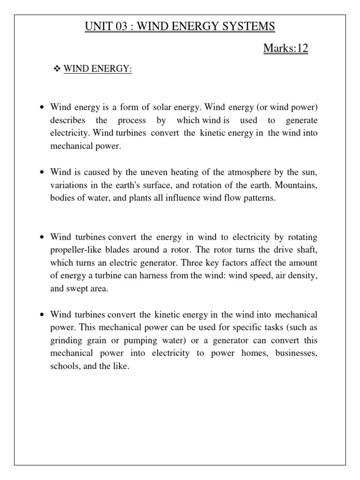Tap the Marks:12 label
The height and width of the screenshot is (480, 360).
[286, 48]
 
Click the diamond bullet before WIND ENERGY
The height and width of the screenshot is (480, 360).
[58, 69]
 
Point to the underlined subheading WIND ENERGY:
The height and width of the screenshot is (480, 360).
[98, 69]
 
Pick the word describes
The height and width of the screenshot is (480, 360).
[67, 120]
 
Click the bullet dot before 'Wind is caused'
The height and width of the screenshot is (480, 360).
[42, 173]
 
